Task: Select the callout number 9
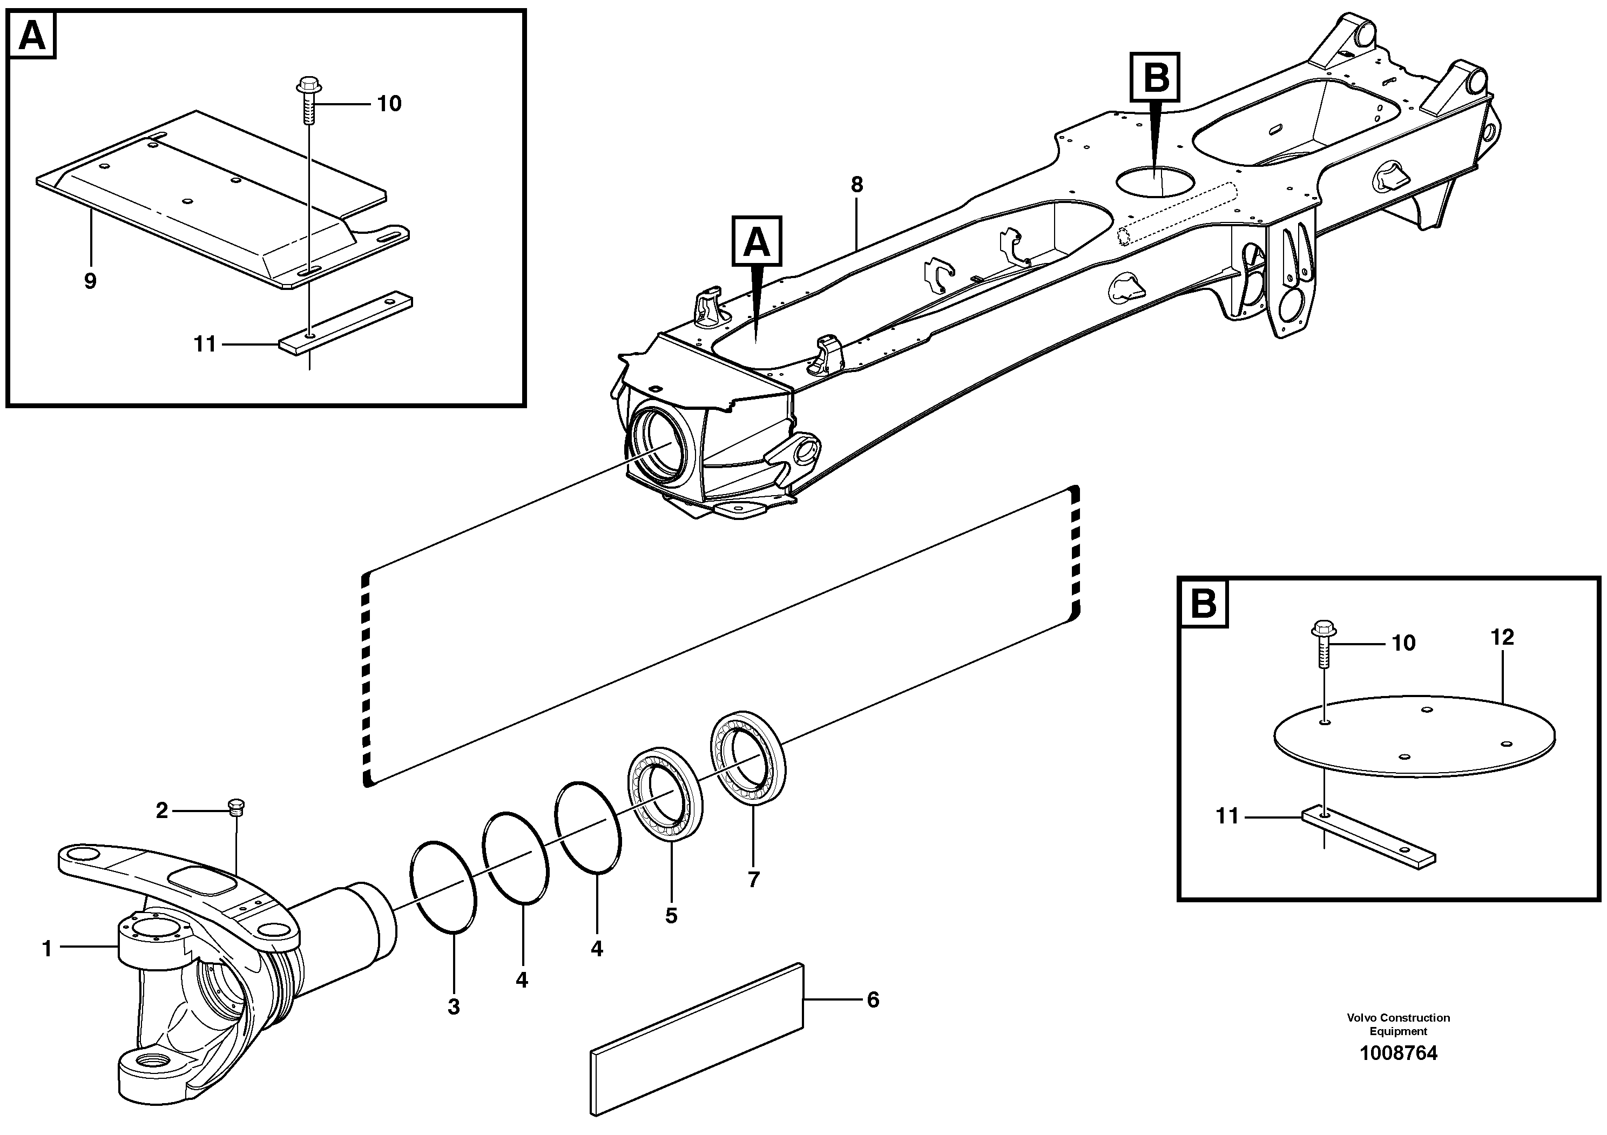click(90, 281)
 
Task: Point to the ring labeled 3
click(443, 887)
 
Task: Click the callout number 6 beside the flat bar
click(873, 1000)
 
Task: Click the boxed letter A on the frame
click(756, 241)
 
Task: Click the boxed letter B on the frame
click(1156, 78)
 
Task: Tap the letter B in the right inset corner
click(1204, 603)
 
